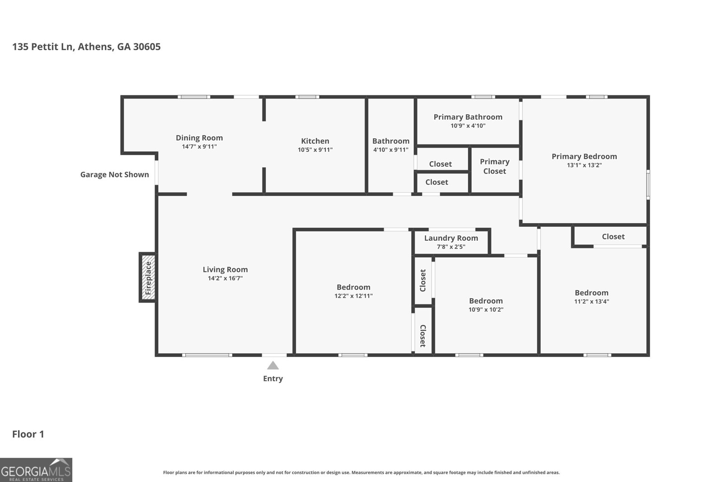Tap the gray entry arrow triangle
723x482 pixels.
tap(273, 366)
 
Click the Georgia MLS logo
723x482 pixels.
tap(36, 470)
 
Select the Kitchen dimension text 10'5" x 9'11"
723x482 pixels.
tap(315, 150)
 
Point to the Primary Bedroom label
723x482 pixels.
tap(584, 156)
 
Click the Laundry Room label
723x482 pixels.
tap(451, 238)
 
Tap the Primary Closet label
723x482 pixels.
tap(494, 166)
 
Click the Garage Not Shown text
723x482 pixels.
tap(114, 175)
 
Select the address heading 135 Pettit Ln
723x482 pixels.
tap(86, 47)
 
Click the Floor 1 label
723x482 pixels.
tap(28, 434)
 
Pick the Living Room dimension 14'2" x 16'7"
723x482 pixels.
tap(225, 279)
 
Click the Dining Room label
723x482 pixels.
tap(199, 138)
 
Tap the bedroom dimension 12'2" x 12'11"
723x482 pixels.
tap(353, 296)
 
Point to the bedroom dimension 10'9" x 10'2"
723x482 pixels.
tap(486, 310)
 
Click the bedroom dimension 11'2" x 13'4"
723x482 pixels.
tap(592, 302)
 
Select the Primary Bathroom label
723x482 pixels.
tap(468, 117)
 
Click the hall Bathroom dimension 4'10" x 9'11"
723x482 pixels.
tap(390, 150)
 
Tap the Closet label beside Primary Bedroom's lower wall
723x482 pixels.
tap(613, 237)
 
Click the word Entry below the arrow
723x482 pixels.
tap(273, 379)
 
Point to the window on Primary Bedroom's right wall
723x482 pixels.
tap(648, 184)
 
